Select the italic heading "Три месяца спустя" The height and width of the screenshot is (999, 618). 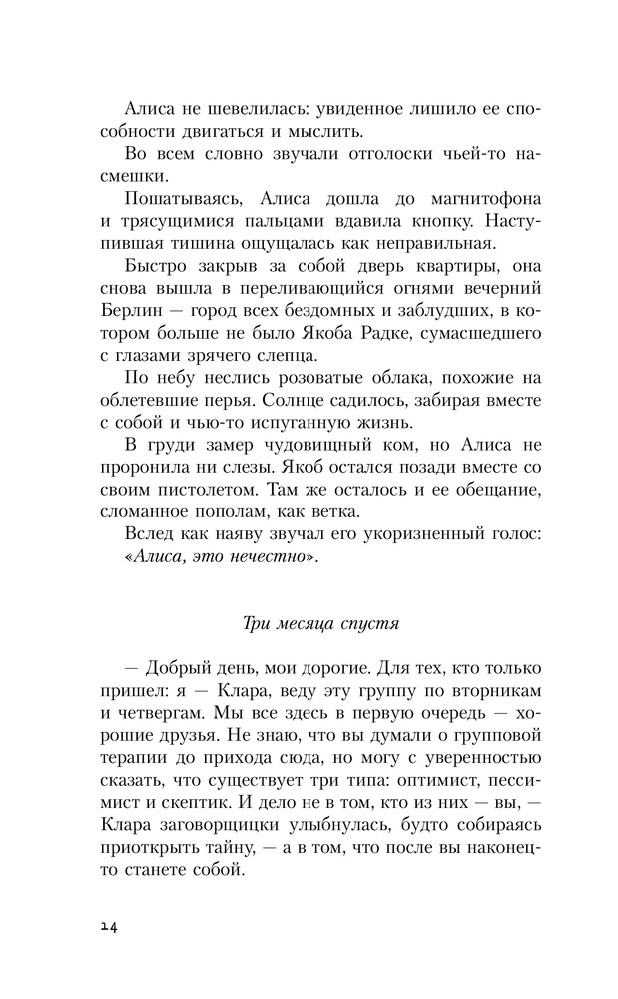(320, 625)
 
